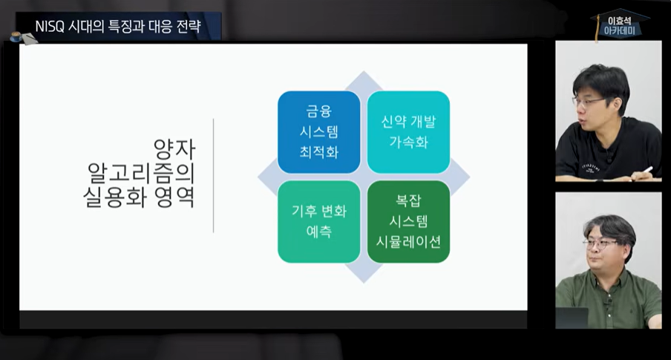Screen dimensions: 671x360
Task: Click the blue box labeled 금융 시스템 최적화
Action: click(x=318, y=131)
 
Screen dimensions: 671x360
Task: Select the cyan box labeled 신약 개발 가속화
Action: click(x=408, y=131)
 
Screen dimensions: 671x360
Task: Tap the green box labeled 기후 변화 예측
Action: click(x=318, y=221)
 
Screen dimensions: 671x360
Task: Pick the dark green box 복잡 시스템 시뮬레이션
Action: click(x=408, y=221)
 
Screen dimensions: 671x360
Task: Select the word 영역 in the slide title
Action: click(x=175, y=198)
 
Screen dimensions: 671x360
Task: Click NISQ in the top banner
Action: click(x=51, y=27)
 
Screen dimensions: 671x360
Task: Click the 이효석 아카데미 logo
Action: click(x=620, y=25)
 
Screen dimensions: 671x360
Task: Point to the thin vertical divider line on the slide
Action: click(x=214, y=174)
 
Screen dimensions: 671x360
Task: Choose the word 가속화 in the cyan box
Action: click(x=408, y=143)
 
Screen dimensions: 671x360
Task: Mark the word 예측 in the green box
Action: click(x=318, y=232)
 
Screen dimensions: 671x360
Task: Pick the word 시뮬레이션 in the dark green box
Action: click(x=408, y=240)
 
